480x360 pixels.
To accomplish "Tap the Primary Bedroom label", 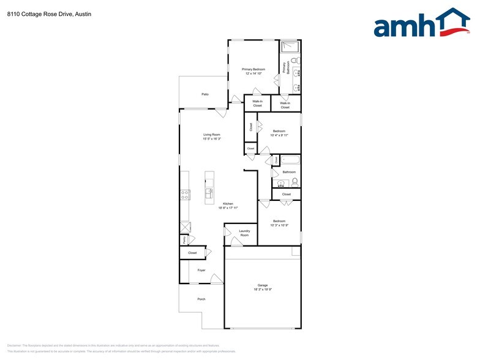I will click(x=253, y=69).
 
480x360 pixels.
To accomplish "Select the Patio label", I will click(x=205, y=94).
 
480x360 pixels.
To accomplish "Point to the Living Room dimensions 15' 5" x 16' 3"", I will click(x=212, y=139).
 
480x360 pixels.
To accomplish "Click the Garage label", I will click(x=263, y=285).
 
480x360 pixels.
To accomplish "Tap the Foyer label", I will click(x=201, y=270).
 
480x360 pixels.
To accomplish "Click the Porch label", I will click(x=201, y=299).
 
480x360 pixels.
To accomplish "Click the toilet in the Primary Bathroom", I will click(x=294, y=61).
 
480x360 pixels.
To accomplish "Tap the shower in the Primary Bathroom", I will click(x=289, y=47).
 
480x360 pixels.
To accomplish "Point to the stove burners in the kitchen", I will click(x=184, y=195).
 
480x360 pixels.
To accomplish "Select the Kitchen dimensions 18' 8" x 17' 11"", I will click(x=228, y=208).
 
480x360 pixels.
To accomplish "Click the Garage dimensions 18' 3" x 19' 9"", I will click(x=263, y=290).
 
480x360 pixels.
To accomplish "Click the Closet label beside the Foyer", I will click(x=192, y=252).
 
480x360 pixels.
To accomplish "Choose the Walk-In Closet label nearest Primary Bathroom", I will click(x=285, y=105).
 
